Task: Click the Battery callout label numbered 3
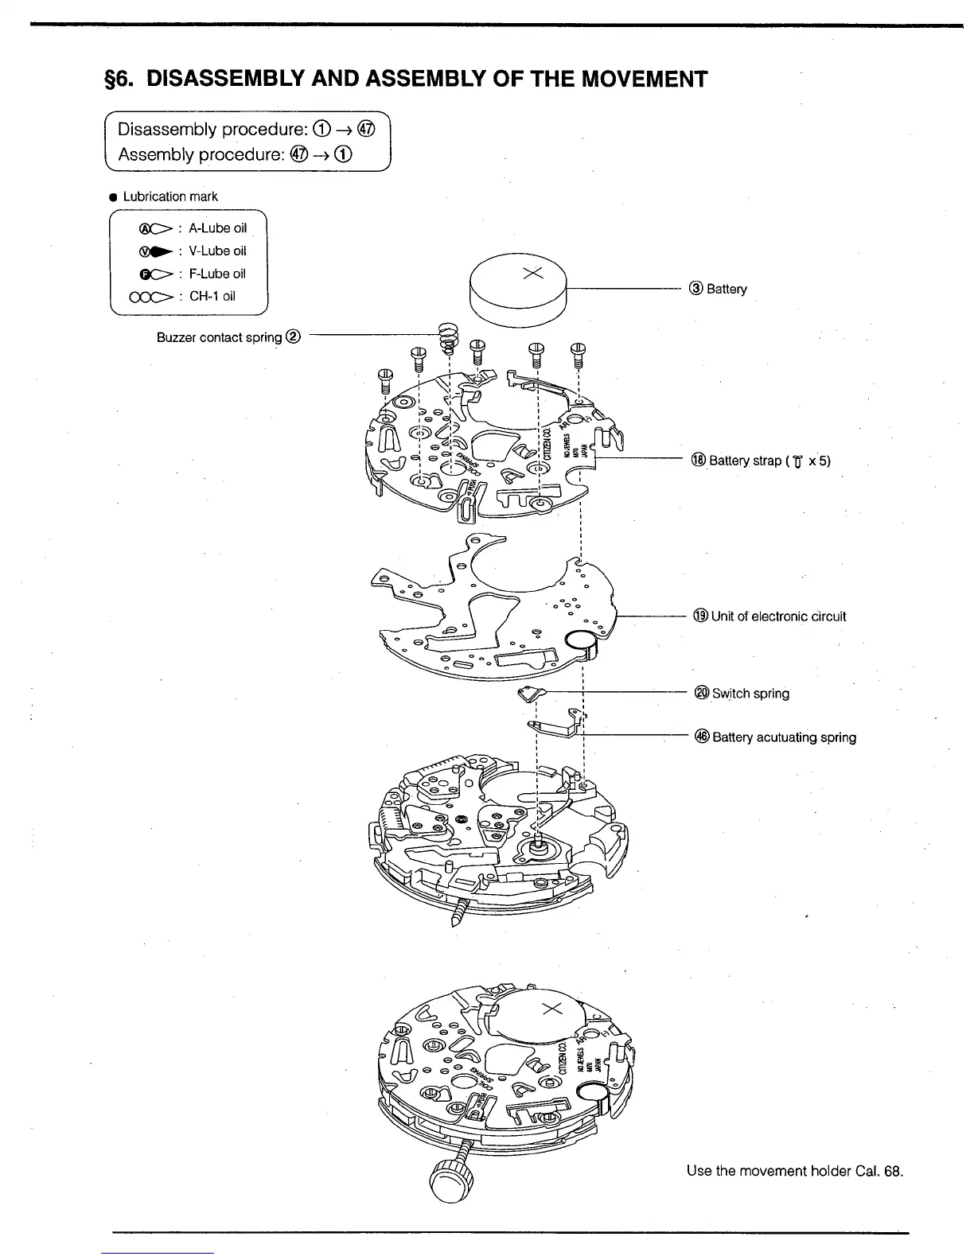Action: [719, 289]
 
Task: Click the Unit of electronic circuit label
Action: [769, 616]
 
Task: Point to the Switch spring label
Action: [742, 694]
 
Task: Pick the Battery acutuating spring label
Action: [775, 737]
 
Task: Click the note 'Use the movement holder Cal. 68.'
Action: [795, 1172]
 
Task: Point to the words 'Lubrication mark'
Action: [169, 196]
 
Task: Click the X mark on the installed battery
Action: [552, 1009]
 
